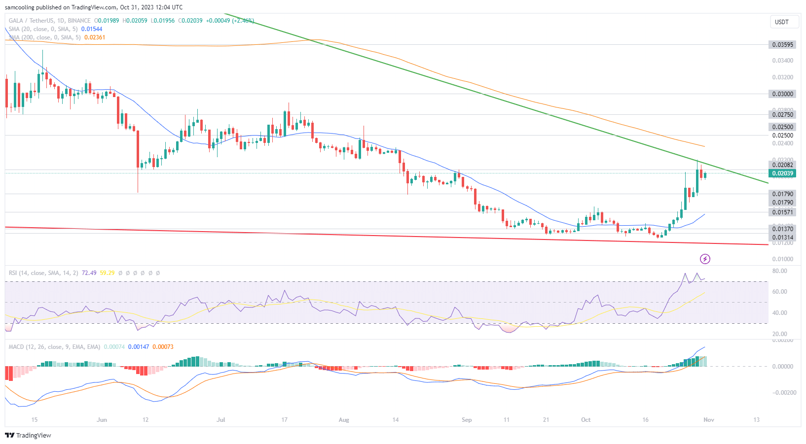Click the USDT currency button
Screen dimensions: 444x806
coord(781,22)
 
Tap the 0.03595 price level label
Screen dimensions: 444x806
coord(782,45)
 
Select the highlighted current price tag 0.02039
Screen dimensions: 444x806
coord(782,173)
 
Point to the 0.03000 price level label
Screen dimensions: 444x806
coord(782,94)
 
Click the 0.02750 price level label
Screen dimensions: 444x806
coord(782,115)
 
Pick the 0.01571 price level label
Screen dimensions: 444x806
coord(782,212)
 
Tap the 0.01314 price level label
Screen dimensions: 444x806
coord(782,238)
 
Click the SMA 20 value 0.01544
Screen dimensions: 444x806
coord(92,29)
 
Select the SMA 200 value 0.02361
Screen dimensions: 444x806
coord(95,37)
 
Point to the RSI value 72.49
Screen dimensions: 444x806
coord(89,273)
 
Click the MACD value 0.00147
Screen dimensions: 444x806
coord(139,347)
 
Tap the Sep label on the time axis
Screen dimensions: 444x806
coord(467,420)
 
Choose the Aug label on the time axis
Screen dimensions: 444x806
coord(344,420)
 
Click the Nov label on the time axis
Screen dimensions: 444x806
coord(708,420)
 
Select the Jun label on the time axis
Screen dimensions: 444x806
coord(102,420)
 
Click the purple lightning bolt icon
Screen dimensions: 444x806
coord(705,259)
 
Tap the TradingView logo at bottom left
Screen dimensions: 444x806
coord(28,435)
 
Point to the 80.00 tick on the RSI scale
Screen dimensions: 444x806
coord(779,271)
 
